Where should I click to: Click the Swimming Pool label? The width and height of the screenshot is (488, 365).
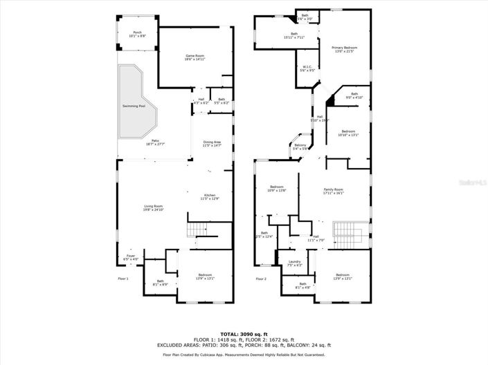(134, 106)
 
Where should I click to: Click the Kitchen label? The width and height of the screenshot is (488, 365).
(210, 197)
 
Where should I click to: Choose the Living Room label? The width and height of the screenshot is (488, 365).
(153, 207)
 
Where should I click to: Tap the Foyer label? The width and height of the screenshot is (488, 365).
(131, 257)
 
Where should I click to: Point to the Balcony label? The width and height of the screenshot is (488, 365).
(300, 147)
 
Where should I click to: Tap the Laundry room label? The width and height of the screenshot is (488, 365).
(294, 262)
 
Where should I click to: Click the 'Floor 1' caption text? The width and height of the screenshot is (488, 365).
(123, 279)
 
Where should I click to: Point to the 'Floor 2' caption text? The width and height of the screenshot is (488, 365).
(261, 279)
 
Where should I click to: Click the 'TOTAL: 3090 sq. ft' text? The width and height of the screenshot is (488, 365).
(244, 334)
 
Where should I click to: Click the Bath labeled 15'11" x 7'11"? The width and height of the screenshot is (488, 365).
(294, 35)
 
